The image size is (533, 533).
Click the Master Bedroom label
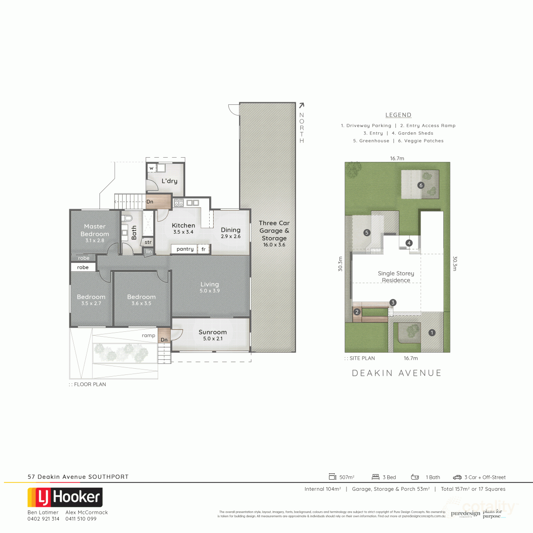(95, 230)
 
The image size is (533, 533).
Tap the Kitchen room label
(183, 226)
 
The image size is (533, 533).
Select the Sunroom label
(212, 332)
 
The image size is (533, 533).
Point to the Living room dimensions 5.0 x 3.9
(210, 291)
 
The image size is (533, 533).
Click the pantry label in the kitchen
(185, 249)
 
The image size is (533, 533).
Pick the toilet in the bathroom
(128, 218)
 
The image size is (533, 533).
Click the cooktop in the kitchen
(179, 203)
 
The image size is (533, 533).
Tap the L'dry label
(169, 181)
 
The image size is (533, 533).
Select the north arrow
(302, 106)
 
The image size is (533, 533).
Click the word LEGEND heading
(398, 115)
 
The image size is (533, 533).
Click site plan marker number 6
(421, 185)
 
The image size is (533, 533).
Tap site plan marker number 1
(431, 332)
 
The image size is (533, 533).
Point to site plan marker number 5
(366, 232)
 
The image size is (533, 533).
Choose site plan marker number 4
(409, 243)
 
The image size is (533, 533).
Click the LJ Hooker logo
(65, 497)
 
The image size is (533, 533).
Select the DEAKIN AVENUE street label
(397, 373)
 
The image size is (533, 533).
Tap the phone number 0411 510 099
(81, 519)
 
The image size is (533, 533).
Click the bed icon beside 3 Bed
(375, 477)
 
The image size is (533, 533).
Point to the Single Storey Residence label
(396, 277)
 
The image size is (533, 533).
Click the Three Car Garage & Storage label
(274, 231)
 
